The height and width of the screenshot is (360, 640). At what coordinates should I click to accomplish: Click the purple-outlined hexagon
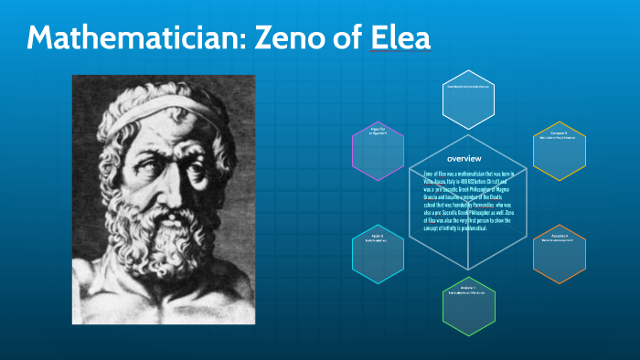coord(379,150)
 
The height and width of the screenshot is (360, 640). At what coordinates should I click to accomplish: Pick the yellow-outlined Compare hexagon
coord(559,150)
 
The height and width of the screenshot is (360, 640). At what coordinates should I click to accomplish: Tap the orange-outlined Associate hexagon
coord(559,253)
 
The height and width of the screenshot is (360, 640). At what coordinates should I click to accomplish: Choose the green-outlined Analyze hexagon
coord(469,305)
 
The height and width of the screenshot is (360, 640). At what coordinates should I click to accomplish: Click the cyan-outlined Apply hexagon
coord(379,253)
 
